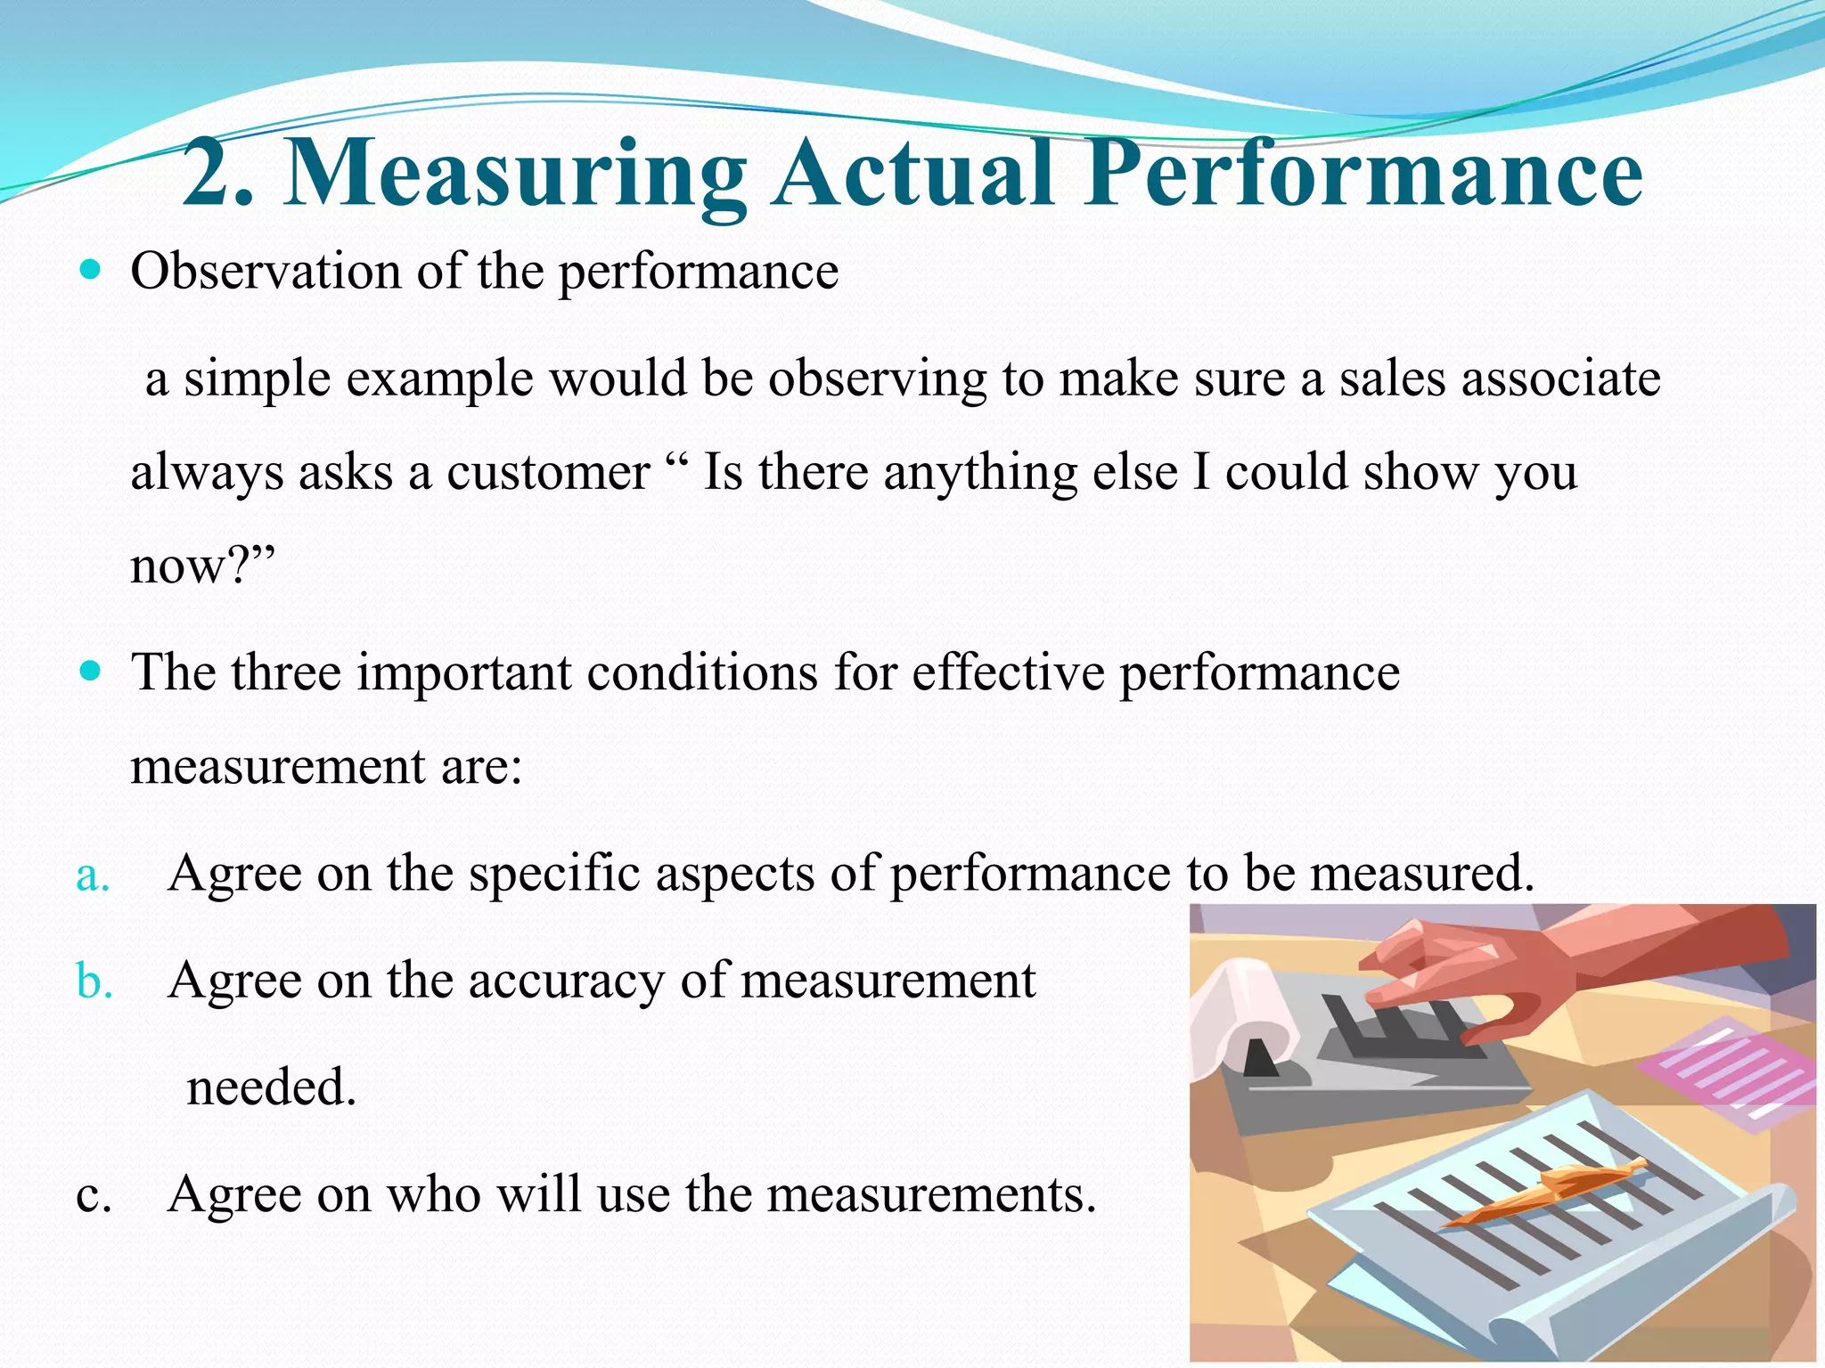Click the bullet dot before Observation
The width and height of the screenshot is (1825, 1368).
click(x=91, y=268)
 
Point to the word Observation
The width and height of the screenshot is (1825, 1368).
click(x=265, y=271)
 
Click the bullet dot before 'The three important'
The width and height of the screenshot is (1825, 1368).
click(x=91, y=670)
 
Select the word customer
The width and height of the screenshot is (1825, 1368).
click(x=547, y=472)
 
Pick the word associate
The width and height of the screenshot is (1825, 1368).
click(x=1559, y=379)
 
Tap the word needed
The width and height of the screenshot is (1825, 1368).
click(x=271, y=1087)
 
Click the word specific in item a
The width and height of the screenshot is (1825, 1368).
click(x=553, y=874)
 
